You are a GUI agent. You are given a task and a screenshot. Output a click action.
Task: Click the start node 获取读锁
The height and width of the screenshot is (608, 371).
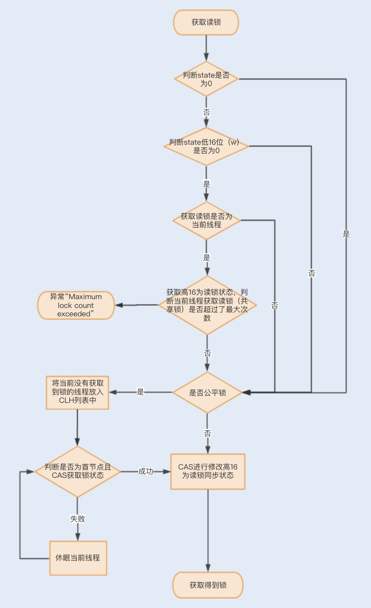click(206, 23)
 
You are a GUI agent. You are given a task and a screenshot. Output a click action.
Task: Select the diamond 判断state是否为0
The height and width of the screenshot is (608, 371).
click(206, 79)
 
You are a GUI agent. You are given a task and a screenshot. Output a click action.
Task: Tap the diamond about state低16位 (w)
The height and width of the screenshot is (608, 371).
click(206, 146)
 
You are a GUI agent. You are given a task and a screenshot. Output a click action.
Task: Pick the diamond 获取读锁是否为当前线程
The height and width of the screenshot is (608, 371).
click(206, 221)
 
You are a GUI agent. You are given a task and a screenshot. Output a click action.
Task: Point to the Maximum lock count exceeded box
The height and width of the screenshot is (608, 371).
click(76, 305)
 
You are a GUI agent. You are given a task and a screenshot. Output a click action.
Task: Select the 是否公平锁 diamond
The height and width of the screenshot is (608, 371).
click(207, 392)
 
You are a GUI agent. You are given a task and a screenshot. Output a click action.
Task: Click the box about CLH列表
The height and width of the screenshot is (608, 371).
click(78, 392)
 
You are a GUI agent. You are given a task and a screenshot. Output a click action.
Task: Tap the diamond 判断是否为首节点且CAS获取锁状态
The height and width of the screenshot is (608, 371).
click(78, 471)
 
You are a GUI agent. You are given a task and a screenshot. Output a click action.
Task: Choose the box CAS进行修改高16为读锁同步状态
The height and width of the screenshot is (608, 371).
click(208, 471)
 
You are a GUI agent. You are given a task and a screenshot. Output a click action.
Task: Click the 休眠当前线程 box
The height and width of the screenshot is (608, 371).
click(78, 558)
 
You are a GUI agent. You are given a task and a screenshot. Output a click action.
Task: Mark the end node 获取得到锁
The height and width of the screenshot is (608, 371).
click(208, 585)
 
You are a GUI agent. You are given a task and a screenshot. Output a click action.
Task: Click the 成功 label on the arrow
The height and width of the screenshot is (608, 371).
click(146, 471)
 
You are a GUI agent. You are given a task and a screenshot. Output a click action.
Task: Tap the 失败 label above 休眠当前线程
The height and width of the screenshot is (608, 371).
click(78, 519)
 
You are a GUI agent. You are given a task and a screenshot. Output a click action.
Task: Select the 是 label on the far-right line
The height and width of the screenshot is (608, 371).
click(346, 234)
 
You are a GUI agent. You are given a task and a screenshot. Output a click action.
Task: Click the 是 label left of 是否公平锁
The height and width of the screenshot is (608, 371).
click(140, 392)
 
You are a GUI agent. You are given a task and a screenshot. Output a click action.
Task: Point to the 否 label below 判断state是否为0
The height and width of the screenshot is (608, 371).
click(206, 112)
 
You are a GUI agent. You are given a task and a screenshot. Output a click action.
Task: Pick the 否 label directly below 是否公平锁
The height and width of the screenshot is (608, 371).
click(207, 434)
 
